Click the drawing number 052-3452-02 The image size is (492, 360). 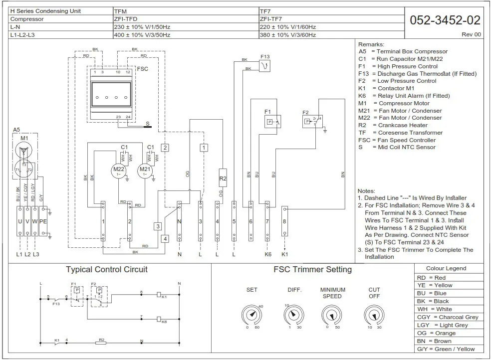coord(445,20)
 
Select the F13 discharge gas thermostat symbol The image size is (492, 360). coord(265,66)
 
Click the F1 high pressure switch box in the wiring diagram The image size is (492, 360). coord(272,121)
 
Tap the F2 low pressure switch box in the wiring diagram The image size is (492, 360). coord(312,120)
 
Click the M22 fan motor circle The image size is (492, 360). coord(119,170)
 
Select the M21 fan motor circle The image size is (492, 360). coord(145,170)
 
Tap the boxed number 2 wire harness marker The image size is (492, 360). coord(165,148)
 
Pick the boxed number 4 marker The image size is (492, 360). coord(165,238)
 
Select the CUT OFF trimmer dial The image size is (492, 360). coord(374,315)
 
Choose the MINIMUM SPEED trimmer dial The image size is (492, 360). coord(332,315)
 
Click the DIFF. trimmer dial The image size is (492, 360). coord(293,315)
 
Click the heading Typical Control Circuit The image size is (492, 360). coord(107,270)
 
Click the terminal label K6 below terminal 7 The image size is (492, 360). coord(267,254)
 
